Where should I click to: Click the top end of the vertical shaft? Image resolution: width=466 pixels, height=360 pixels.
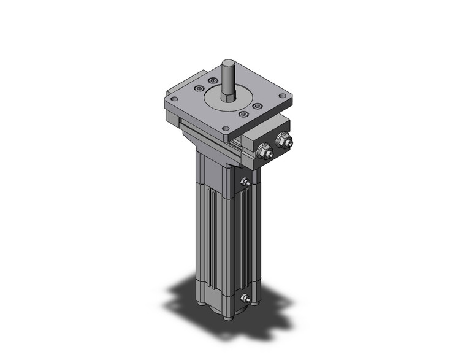click(x=228, y=62)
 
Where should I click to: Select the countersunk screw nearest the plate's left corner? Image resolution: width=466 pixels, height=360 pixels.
click(x=197, y=90)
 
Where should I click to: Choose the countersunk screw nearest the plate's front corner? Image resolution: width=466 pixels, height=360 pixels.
click(x=243, y=114)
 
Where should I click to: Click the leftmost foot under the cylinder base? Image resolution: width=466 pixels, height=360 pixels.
click(x=202, y=304)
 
